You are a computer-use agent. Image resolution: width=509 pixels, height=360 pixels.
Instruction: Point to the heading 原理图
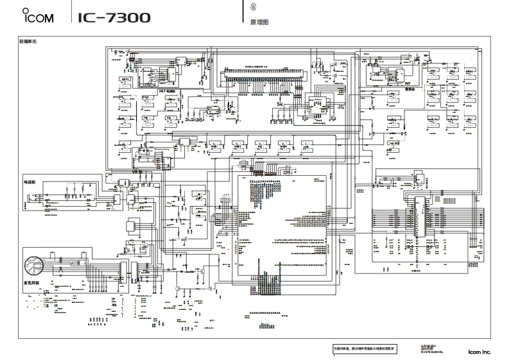tap(251, 21)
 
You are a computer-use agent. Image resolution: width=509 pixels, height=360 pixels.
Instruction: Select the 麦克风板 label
tap(31, 282)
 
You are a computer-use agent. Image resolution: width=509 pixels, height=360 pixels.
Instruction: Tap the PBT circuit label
tap(166, 92)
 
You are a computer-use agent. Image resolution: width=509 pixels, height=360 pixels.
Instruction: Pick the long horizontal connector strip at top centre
tap(263, 69)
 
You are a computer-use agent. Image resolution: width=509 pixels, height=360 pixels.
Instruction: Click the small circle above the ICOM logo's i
tap(24, 10)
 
